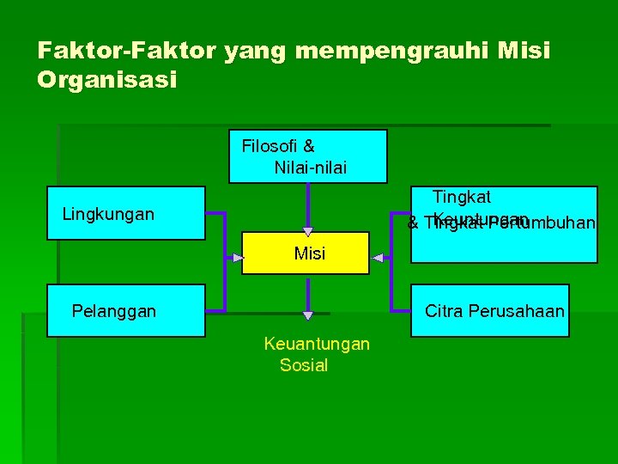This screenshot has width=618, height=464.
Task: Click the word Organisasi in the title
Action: (107, 80)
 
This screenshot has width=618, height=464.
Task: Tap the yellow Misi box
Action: (306, 253)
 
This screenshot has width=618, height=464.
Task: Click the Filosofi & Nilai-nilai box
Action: (307, 156)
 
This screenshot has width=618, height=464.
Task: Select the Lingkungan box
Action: (125, 212)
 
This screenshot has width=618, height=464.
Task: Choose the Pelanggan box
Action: (125, 310)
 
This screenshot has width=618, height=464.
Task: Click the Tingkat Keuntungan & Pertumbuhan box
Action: (504, 223)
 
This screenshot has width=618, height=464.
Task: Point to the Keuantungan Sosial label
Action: (316, 354)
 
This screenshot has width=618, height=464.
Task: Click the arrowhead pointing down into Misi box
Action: (308, 230)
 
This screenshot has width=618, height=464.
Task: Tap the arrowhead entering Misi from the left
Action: (238, 257)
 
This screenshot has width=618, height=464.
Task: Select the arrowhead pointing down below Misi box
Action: (308, 315)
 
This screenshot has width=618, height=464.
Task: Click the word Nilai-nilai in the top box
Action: (311, 168)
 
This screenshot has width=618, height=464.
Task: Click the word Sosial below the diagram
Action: (304, 365)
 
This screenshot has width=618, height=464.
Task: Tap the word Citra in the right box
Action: (444, 310)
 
